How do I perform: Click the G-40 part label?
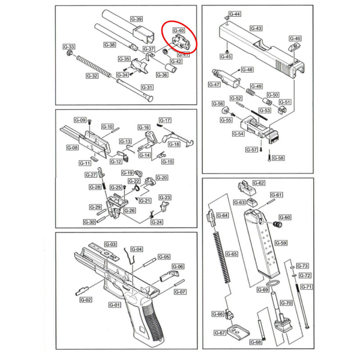coord(179,30)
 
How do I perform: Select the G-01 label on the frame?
coord(115,304)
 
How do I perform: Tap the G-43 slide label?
coord(256,28)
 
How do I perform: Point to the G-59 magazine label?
coord(281,243)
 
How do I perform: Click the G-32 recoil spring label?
coord(92,76)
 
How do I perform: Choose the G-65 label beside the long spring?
coord(232,254)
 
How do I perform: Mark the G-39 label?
coord(136,19)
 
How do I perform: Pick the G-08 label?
coord(72,148)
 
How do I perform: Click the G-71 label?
coord(307,287)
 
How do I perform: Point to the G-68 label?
coord(256,342)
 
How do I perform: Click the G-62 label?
coord(259,183)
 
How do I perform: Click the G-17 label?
coord(165,120)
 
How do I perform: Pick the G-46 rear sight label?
coord(296,38)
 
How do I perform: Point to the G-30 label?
coord(89,222)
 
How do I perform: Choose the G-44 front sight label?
coord(235,14)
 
